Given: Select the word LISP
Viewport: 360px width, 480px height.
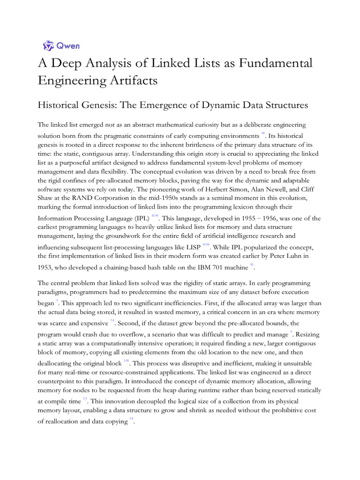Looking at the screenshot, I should tap(191, 247).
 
